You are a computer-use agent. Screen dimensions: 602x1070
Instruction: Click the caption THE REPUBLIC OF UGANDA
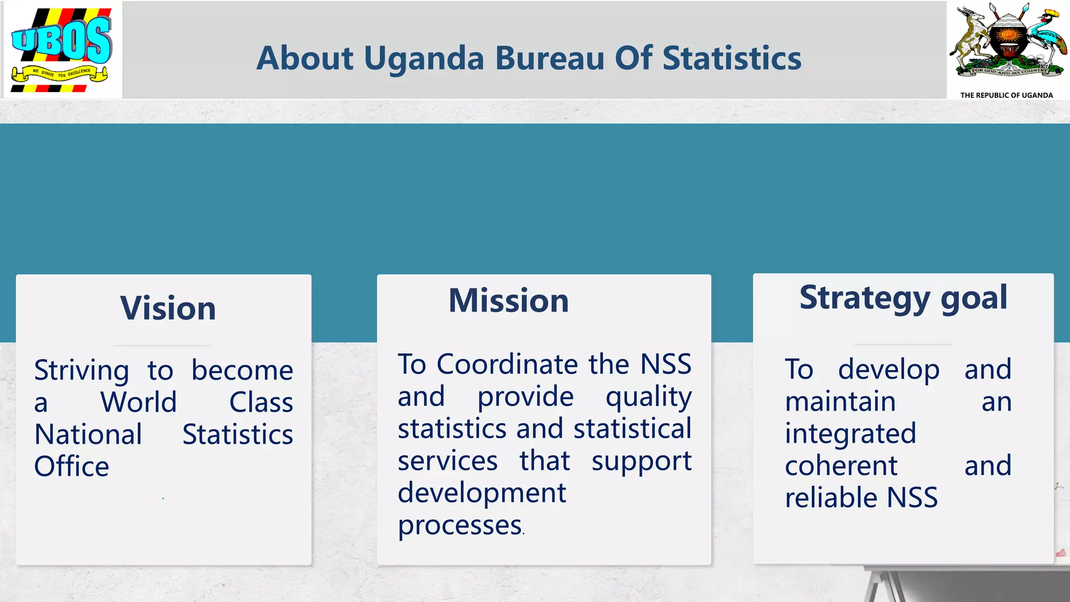1006,95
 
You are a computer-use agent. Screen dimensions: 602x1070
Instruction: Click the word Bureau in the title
550,58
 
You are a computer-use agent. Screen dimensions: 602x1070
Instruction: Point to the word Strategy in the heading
865,298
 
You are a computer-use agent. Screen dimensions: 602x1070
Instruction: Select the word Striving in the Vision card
82,371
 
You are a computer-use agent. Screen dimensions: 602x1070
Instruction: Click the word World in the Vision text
138,402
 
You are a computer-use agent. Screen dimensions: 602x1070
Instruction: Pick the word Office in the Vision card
72,466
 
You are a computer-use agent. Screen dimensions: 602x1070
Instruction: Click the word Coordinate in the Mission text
507,364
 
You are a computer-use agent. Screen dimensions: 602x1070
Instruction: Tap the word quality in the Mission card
648,397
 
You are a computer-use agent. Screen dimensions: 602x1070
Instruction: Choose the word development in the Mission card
482,493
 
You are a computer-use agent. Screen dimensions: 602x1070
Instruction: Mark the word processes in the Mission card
460,526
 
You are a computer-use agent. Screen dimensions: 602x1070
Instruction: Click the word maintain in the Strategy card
840,402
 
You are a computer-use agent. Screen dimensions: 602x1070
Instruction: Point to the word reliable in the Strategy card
830,497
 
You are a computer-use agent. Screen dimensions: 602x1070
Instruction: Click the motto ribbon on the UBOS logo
60,74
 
